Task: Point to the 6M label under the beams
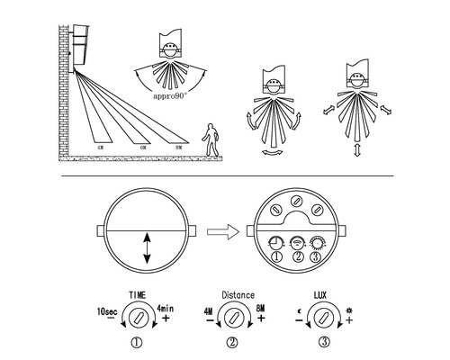coord(142,146)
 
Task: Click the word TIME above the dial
coord(138,293)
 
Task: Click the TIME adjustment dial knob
coord(136,317)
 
